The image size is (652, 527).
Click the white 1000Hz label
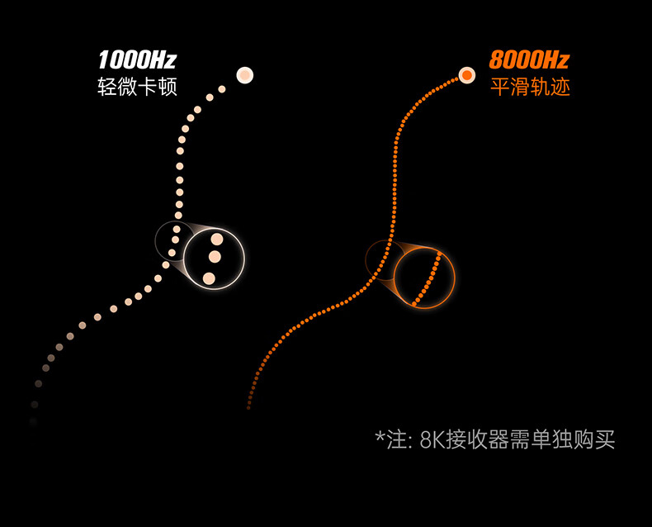click(136, 60)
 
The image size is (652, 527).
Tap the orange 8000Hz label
click(529, 60)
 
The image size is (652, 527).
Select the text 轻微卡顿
click(137, 87)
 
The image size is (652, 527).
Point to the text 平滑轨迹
click(530, 87)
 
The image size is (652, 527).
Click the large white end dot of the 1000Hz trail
click(244, 75)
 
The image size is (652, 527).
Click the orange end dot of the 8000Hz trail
click(467, 75)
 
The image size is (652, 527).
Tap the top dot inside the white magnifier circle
click(217, 240)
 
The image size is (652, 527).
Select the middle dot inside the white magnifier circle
click(215, 257)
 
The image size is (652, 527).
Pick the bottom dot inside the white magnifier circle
click(210, 278)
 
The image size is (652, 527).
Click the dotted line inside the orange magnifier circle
click(427, 277)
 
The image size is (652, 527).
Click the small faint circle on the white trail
click(174, 240)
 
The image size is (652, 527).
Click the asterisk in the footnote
click(380, 435)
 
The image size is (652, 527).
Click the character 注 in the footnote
click(396, 439)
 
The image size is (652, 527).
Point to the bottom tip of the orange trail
click(248, 407)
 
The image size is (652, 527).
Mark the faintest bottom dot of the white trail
click(33, 422)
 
